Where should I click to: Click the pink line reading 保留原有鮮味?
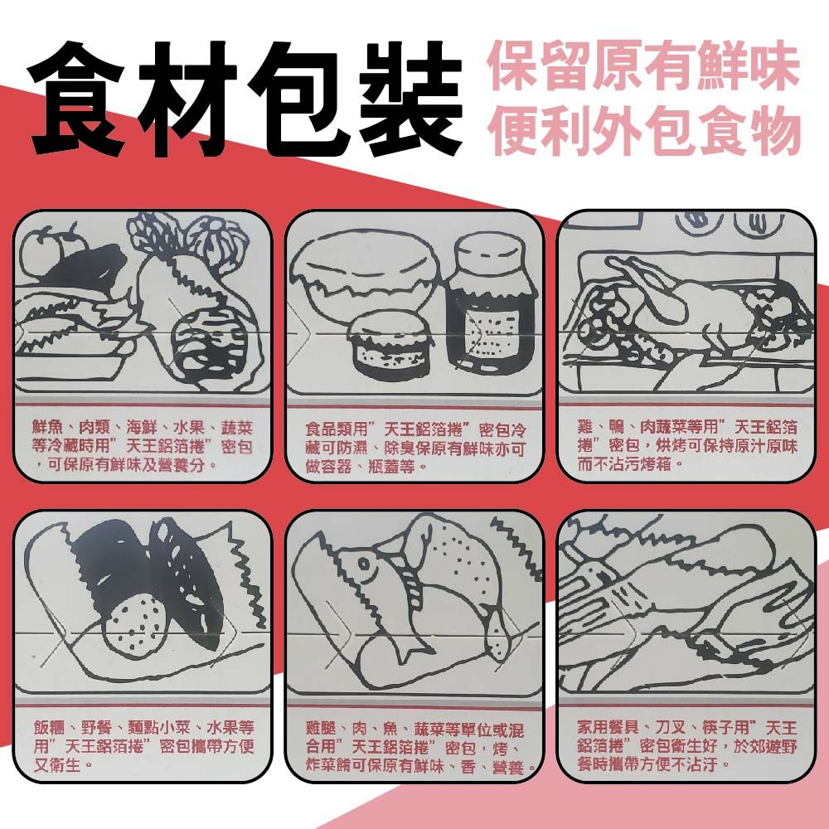coord(643,66)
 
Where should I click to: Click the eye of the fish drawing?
coord(364,564)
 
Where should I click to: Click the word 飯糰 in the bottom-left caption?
coord(49,728)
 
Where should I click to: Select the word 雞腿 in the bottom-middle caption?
coord(322,730)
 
